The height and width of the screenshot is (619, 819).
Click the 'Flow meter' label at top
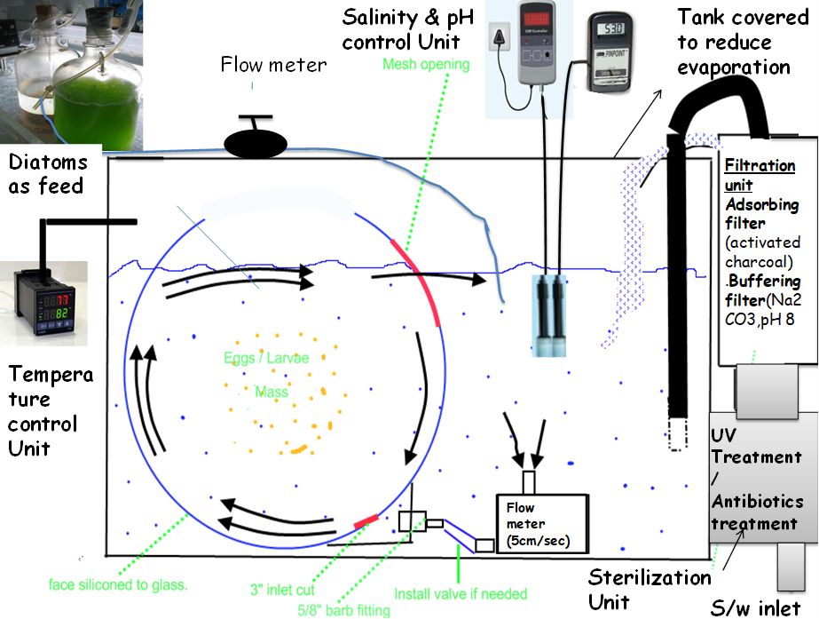(273, 64)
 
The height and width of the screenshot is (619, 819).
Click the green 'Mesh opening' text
(426, 64)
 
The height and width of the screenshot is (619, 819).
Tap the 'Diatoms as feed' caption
(48, 173)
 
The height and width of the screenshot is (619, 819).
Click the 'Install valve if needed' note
(461, 593)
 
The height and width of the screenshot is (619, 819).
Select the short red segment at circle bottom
(366, 520)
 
